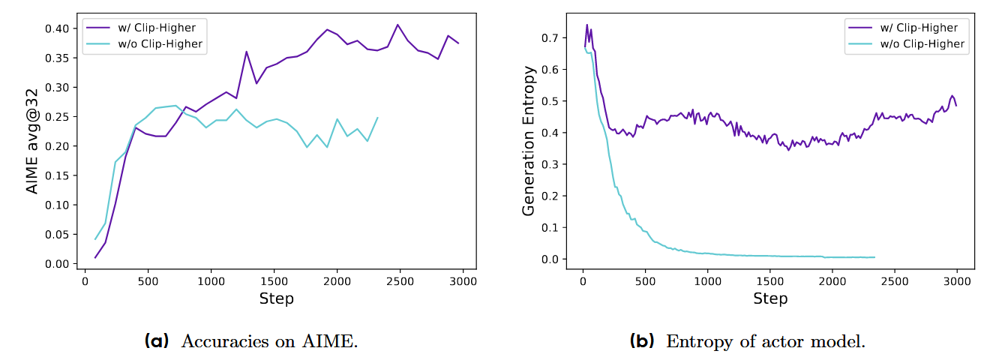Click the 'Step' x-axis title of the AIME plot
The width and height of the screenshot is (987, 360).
click(x=276, y=298)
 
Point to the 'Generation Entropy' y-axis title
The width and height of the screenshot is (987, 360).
click(x=529, y=141)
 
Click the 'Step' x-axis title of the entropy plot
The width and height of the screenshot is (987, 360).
click(x=770, y=298)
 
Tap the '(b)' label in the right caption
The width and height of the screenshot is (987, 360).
click(x=643, y=342)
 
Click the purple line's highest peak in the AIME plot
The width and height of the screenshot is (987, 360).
click(x=398, y=25)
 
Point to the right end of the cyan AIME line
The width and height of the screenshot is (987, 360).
click(x=377, y=117)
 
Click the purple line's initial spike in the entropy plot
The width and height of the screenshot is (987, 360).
click(x=586, y=25)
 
